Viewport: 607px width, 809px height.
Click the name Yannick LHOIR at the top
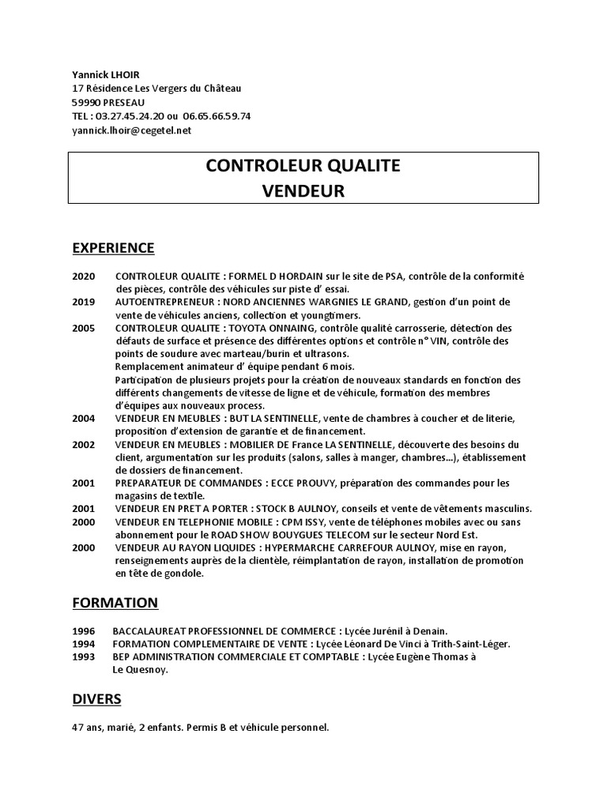pos(105,73)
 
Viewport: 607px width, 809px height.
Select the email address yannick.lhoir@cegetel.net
pos(132,130)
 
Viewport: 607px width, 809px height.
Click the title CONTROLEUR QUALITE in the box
pos(303,166)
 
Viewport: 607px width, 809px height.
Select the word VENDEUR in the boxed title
pos(303,191)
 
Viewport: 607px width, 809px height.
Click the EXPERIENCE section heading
pos(113,248)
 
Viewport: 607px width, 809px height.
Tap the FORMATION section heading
pos(115,603)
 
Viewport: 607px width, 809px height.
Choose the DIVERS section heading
pos(96,699)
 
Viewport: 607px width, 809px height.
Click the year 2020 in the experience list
pos(84,276)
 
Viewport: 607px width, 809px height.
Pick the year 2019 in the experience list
pos(84,302)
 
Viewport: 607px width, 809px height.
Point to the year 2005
pos(84,328)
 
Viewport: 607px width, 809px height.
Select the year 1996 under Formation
pos(84,631)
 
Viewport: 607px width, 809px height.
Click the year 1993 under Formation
pos(84,657)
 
